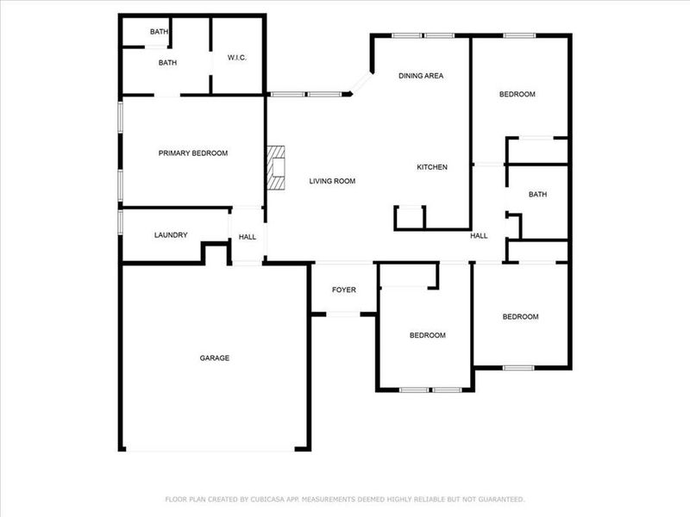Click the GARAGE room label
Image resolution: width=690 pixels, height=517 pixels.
[215, 358]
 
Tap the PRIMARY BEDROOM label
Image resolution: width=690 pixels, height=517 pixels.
[193, 153]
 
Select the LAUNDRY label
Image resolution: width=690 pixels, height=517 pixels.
[171, 235]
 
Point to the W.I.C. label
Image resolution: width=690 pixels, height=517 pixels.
[238, 58]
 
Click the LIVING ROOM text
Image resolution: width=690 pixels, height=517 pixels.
[333, 181]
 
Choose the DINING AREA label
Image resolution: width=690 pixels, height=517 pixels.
[421, 76]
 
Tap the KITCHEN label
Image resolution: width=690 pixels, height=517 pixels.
[432, 167]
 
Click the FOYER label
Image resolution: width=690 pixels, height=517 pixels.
[344, 290]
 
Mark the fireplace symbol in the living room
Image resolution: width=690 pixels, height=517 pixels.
[275, 167]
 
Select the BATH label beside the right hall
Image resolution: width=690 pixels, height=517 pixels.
[537, 195]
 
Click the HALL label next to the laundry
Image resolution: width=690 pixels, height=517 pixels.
[248, 237]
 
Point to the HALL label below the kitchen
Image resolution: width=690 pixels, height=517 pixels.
[479, 235]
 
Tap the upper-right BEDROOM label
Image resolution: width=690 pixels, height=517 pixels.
[517, 95]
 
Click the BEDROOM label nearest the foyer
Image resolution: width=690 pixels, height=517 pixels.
[427, 335]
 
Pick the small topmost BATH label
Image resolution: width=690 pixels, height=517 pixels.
[159, 32]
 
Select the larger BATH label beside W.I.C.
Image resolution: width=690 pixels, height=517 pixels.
[167, 63]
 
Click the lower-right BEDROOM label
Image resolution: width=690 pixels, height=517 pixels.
[520, 317]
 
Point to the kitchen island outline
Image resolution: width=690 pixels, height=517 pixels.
[411, 218]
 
